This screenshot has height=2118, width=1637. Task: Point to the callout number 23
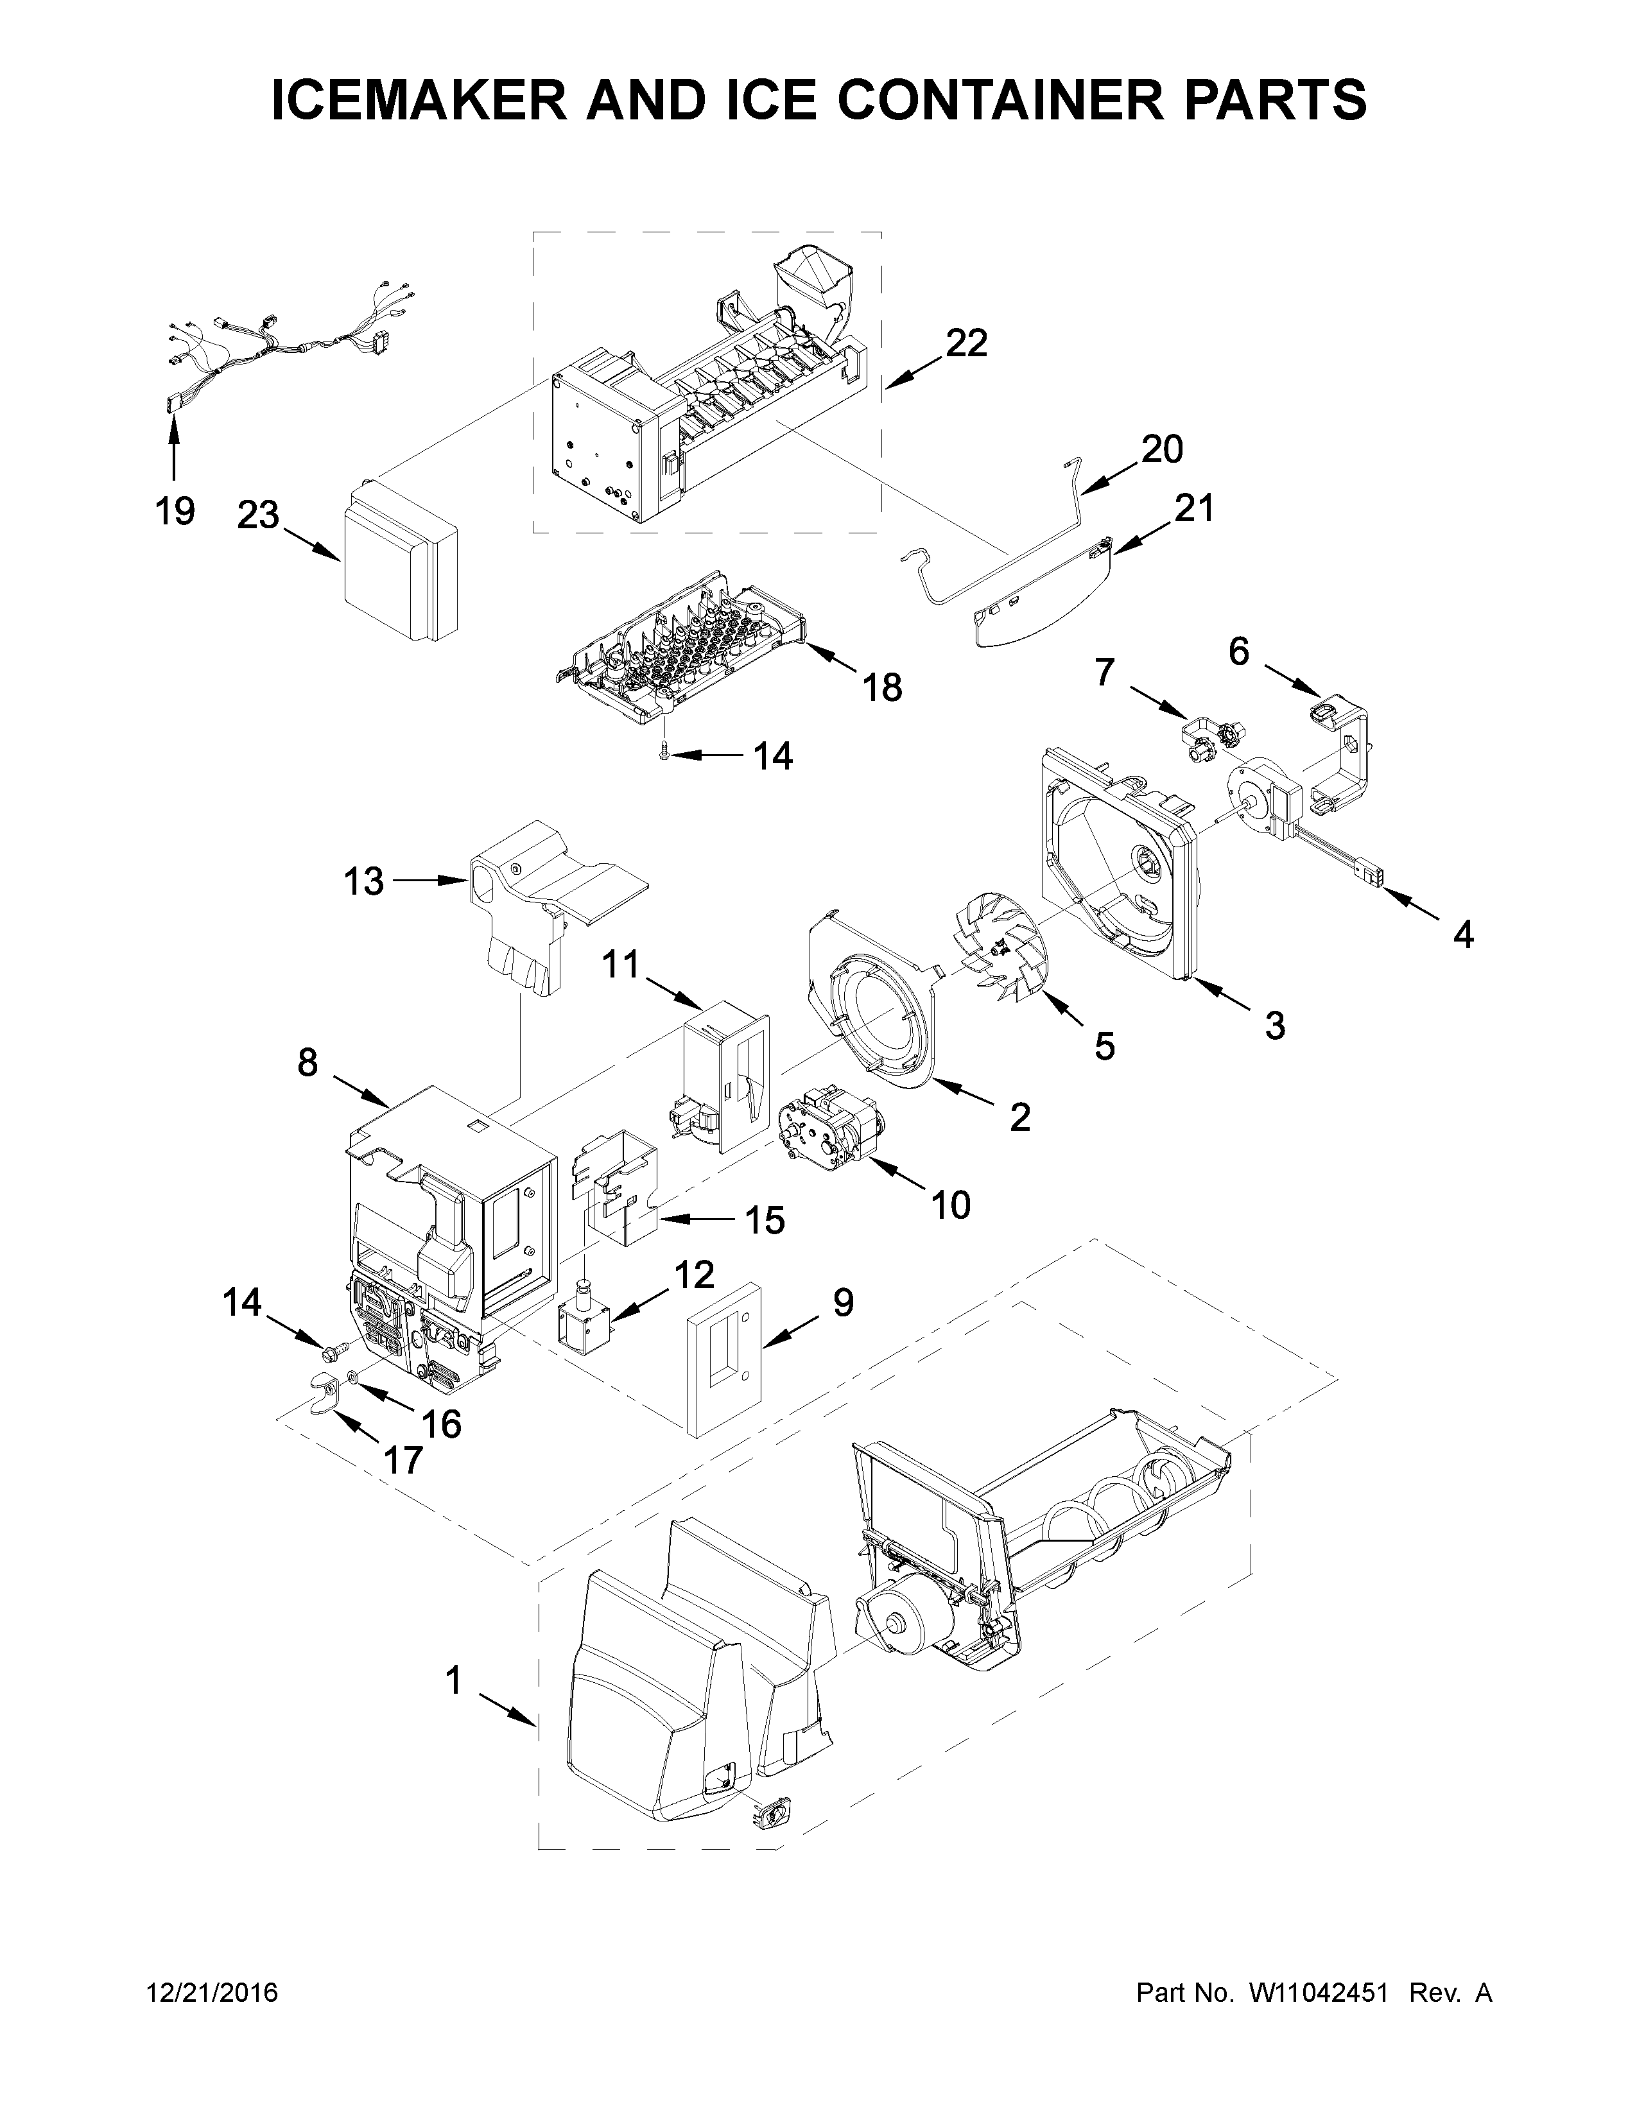coord(259,515)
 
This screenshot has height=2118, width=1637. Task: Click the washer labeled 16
coord(351,1377)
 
